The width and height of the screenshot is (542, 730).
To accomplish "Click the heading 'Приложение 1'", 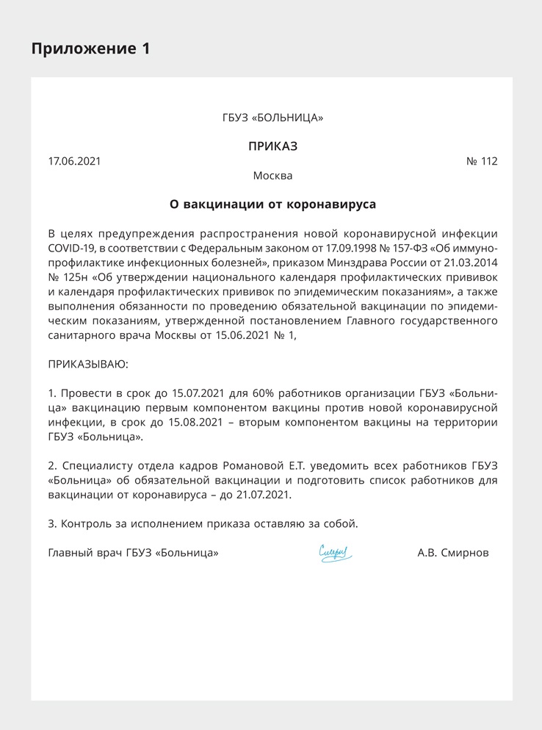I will pos(90,49).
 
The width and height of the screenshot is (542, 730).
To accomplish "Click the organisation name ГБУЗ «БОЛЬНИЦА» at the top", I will pos(272,118).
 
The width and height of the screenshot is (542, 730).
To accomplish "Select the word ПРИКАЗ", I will pos(272,146).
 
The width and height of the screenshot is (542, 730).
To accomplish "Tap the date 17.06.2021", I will pos(74,161).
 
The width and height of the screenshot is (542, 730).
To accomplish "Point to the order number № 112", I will pos(482,161).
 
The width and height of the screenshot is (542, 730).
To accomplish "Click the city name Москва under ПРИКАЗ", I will pos(272,176).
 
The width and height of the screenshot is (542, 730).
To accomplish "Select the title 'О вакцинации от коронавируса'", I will pos(272,204).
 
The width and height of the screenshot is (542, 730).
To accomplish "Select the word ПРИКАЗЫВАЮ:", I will pos(87,364).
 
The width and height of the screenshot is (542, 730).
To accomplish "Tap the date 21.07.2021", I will pos(262,494).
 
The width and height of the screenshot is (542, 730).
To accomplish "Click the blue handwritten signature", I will pos(336,552).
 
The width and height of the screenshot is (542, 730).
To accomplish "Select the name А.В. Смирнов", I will pos(452,553).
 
